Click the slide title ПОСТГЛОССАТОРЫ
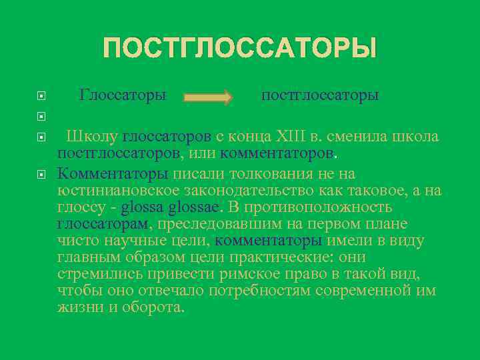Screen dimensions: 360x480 click(x=240, y=49)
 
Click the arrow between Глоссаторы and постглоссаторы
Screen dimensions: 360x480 click(x=208, y=97)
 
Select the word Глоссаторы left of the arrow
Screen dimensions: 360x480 click(x=123, y=95)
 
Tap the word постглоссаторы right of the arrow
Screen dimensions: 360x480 click(x=320, y=95)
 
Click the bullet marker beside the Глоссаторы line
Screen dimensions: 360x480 click(x=41, y=96)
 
